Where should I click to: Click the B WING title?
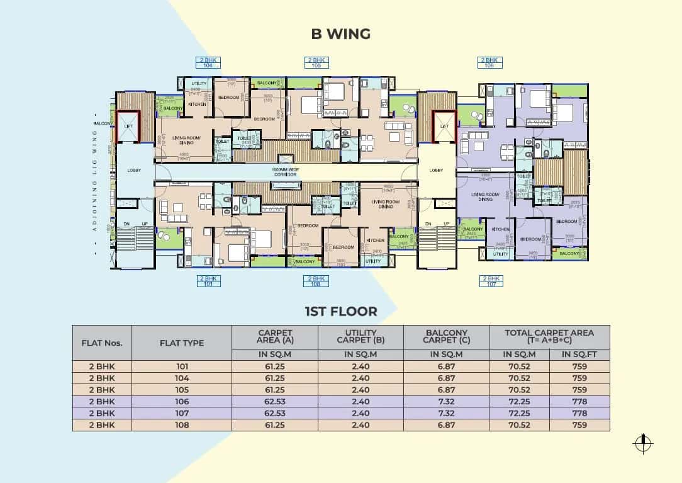tap(340, 34)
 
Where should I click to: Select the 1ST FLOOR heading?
tap(340, 311)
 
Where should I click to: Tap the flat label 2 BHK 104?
tap(208, 63)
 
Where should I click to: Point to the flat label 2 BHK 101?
tap(208, 281)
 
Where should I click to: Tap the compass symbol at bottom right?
tap(642, 443)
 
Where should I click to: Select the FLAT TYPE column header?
tap(182, 343)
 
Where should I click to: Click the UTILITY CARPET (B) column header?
tap(361, 336)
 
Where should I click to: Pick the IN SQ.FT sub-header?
tap(579, 355)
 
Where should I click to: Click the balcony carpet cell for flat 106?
tap(446, 402)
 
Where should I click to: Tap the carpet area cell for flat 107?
tap(275, 414)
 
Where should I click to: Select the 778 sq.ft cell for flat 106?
tap(579, 402)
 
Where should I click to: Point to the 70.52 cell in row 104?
tap(519, 378)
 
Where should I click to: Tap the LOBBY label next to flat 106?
tap(436, 170)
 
